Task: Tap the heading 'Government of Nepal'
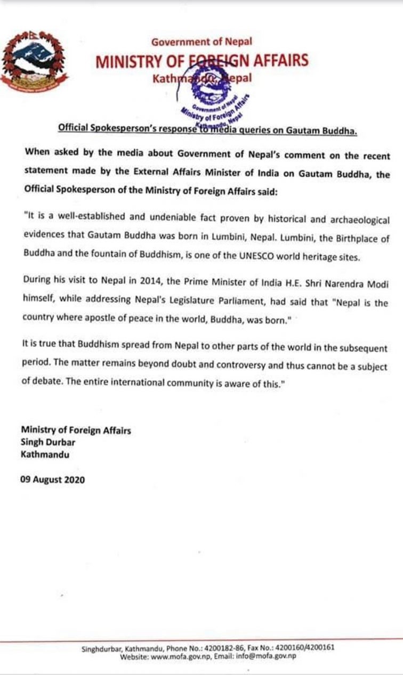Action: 201,42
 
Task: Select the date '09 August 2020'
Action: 53,479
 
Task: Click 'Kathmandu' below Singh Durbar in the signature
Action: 45,455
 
